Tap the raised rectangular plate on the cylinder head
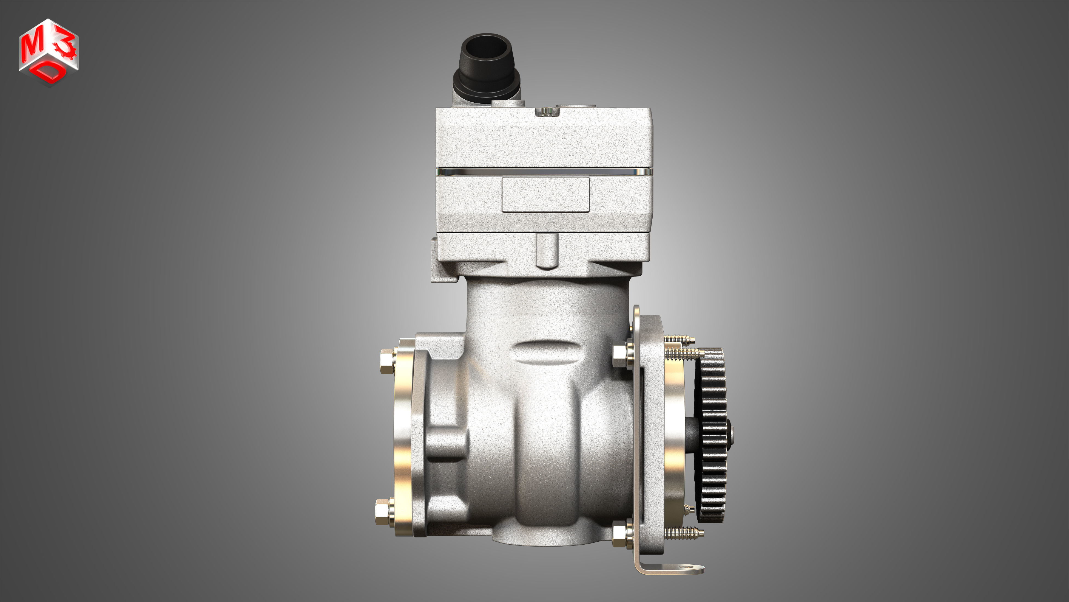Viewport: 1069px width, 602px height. [x=546, y=194]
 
